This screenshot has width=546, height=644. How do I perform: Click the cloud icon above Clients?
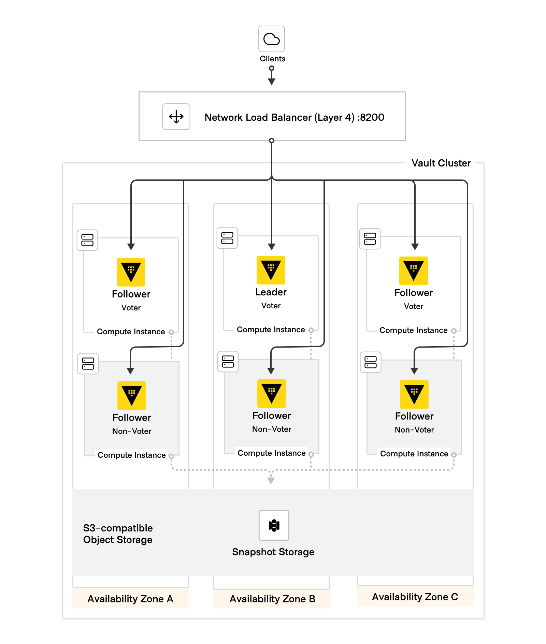(x=271, y=39)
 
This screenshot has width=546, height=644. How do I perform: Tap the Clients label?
(x=272, y=59)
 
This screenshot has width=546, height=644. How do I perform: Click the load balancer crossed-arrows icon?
(x=176, y=117)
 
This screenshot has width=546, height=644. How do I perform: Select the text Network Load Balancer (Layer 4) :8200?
(x=294, y=117)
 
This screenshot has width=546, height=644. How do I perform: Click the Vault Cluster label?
(x=441, y=163)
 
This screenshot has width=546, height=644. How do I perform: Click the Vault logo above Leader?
(x=271, y=270)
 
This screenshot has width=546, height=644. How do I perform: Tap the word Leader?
(x=271, y=292)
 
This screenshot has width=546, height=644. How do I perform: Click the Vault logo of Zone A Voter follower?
(x=131, y=272)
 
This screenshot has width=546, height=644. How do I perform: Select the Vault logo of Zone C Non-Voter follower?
(x=414, y=394)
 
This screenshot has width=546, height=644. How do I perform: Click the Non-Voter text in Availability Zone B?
(x=272, y=429)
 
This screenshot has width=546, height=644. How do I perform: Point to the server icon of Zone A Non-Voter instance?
(x=88, y=364)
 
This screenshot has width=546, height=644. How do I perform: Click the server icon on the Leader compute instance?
(x=227, y=238)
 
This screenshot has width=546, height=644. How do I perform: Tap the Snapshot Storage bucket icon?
(x=274, y=525)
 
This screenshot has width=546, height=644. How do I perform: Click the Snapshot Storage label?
(x=273, y=552)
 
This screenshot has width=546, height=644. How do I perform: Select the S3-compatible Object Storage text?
(x=118, y=534)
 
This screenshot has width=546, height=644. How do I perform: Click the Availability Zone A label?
(x=130, y=599)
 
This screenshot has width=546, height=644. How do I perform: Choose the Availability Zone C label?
(x=415, y=597)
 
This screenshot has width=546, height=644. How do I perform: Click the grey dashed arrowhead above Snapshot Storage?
(x=271, y=481)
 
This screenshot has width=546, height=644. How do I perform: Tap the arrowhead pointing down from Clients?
(x=272, y=82)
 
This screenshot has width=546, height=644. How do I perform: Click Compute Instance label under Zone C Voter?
(x=413, y=330)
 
